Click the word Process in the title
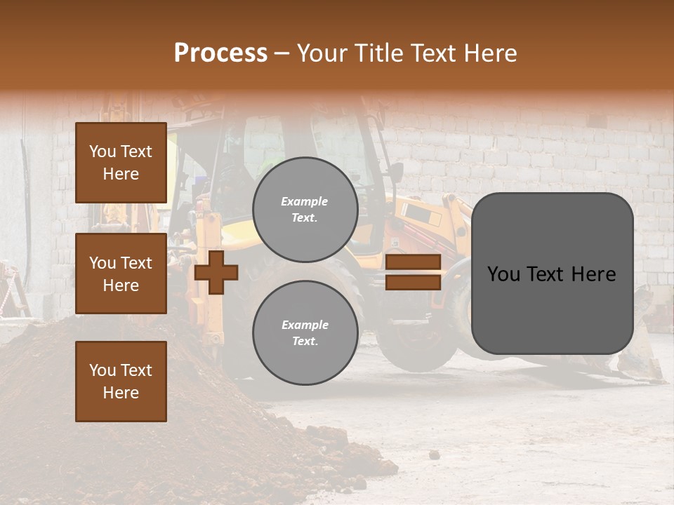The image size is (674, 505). [x=220, y=53]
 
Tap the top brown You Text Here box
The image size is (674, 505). [x=121, y=163]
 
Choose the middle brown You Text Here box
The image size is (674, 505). [x=121, y=274]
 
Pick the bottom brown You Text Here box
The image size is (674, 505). [x=121, y=381]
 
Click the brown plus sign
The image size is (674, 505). [x=216, y=272]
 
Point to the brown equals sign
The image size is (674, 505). [x=413, y=272]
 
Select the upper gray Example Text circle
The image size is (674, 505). [x=305, y=209]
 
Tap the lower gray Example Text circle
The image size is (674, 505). [x=305, y=332]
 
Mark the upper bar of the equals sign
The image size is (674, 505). [x=413, y=262]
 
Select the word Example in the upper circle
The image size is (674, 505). [x=304, y=201]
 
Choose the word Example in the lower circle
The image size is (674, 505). [x=305, y=325]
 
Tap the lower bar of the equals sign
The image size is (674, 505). [x=413, y=282]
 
